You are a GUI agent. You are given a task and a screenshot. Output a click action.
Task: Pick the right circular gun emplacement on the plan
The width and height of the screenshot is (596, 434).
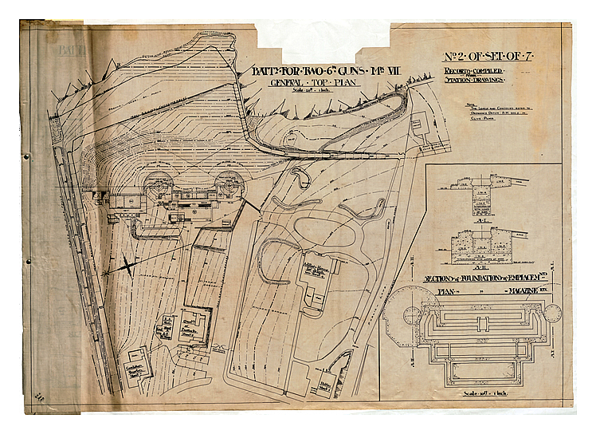click(230, 183)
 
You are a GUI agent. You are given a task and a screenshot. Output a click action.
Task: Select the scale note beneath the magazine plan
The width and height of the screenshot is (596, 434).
click(476, 396)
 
